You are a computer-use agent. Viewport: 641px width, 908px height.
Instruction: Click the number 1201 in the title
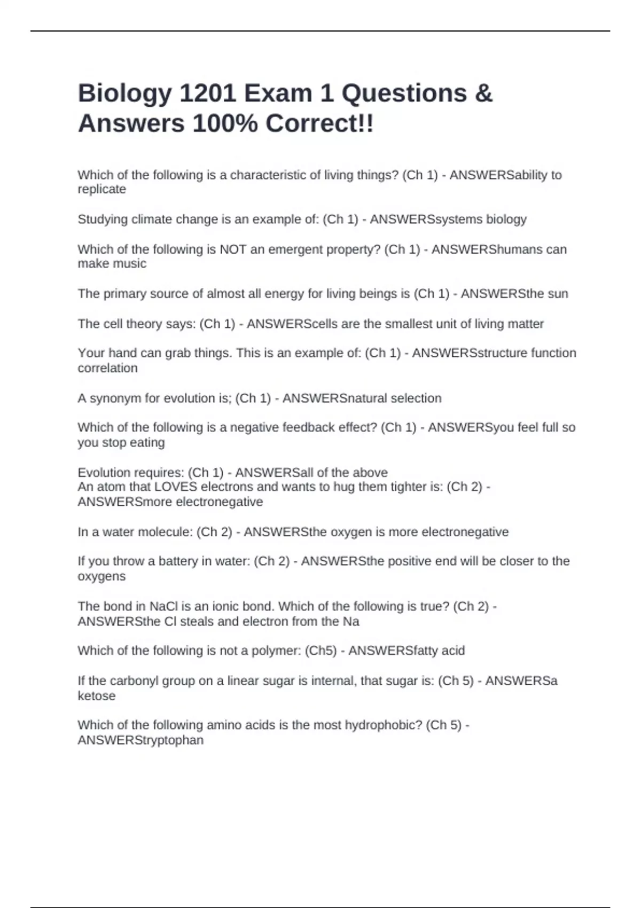[x=207, y=93]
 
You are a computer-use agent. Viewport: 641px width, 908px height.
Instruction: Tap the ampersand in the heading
[x=483, y=93]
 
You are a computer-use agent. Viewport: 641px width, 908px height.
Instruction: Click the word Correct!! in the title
[x=319, y=124]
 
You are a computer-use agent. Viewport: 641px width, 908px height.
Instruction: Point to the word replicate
[x=102, y=190]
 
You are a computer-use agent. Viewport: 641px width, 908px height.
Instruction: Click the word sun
[x=557, y=294]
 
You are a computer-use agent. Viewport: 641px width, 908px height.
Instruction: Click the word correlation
[x=107, y=368]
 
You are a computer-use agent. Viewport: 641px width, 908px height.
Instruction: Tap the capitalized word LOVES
[x=175, y=487]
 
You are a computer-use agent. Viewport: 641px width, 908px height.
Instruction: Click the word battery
[x=178, y=561]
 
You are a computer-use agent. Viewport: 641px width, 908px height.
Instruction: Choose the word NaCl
[x=163, y=607]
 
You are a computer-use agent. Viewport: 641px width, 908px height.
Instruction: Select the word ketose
[x=97, y=696]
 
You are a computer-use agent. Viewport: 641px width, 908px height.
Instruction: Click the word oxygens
[x=101, y=577]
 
